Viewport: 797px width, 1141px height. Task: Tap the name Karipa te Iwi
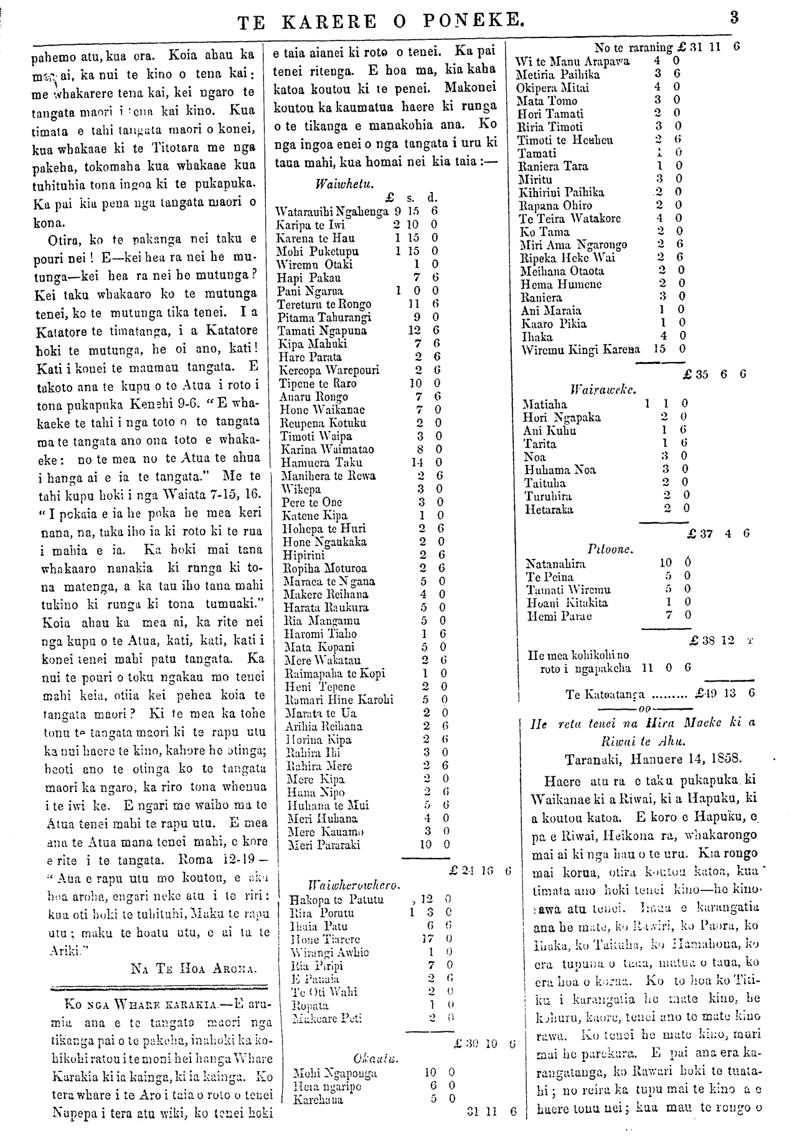(x=310, y=225)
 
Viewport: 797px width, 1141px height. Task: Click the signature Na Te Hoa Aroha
(x=194, y=968)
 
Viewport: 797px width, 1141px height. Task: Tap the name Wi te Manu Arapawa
(x=572, y=62)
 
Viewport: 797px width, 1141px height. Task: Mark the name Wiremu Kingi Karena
(x=581, y=350)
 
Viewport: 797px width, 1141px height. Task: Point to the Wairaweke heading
(x=602, y=391)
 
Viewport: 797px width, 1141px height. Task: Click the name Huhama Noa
(x=560, y=470)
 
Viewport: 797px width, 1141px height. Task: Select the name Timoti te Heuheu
(x=565, y=140)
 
